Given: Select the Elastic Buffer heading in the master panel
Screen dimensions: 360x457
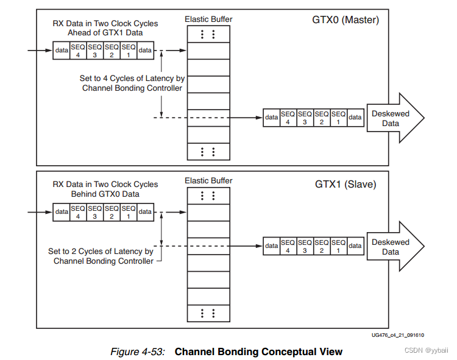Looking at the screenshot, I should coord(208,19).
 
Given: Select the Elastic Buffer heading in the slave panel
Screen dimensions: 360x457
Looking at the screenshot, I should coord(208,181).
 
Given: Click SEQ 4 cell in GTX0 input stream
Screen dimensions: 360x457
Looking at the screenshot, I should coord(79,51).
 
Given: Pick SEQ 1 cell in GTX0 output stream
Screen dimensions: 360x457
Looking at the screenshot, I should coord(339,118).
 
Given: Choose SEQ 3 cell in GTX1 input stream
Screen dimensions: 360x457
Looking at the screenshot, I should coord(95,212).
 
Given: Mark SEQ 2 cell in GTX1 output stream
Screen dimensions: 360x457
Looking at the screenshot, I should coord(322,246).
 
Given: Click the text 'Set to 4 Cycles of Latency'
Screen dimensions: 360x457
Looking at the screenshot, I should coord(132,79).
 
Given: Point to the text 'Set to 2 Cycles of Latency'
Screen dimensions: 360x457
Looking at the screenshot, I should coord(101,251).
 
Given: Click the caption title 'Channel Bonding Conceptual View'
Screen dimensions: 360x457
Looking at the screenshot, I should coord(258,351).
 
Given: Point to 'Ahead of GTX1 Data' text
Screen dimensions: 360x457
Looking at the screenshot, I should coord(105,33).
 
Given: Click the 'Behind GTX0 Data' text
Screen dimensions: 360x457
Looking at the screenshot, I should coord(105,194).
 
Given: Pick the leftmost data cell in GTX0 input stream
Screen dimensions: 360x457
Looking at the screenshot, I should coord(62,51).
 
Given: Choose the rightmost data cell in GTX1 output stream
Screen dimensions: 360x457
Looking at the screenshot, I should coord(355,246).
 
